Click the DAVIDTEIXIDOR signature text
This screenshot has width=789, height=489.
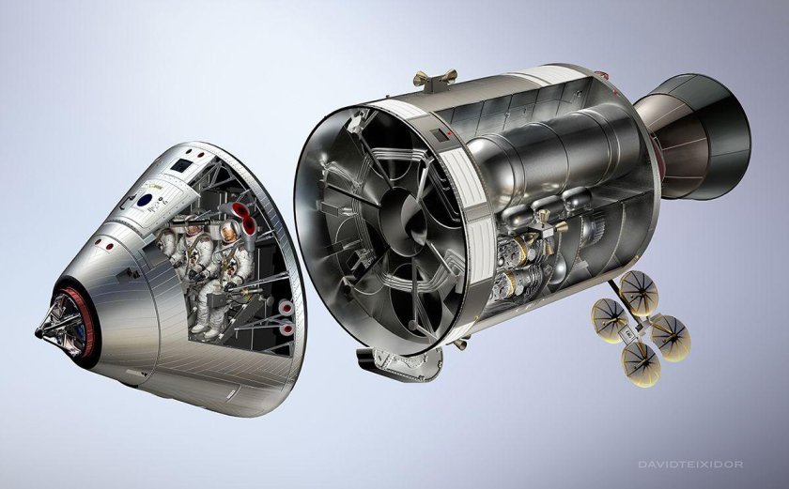click(x=690, y=465)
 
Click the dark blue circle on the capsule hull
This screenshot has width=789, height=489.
click(x=145, y=201)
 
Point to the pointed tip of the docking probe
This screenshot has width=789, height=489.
click(x=38, y=332)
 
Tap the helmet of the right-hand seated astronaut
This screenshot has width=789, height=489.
click(x=229, y=232)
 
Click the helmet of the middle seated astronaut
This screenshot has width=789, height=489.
click(x=193, y=230)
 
